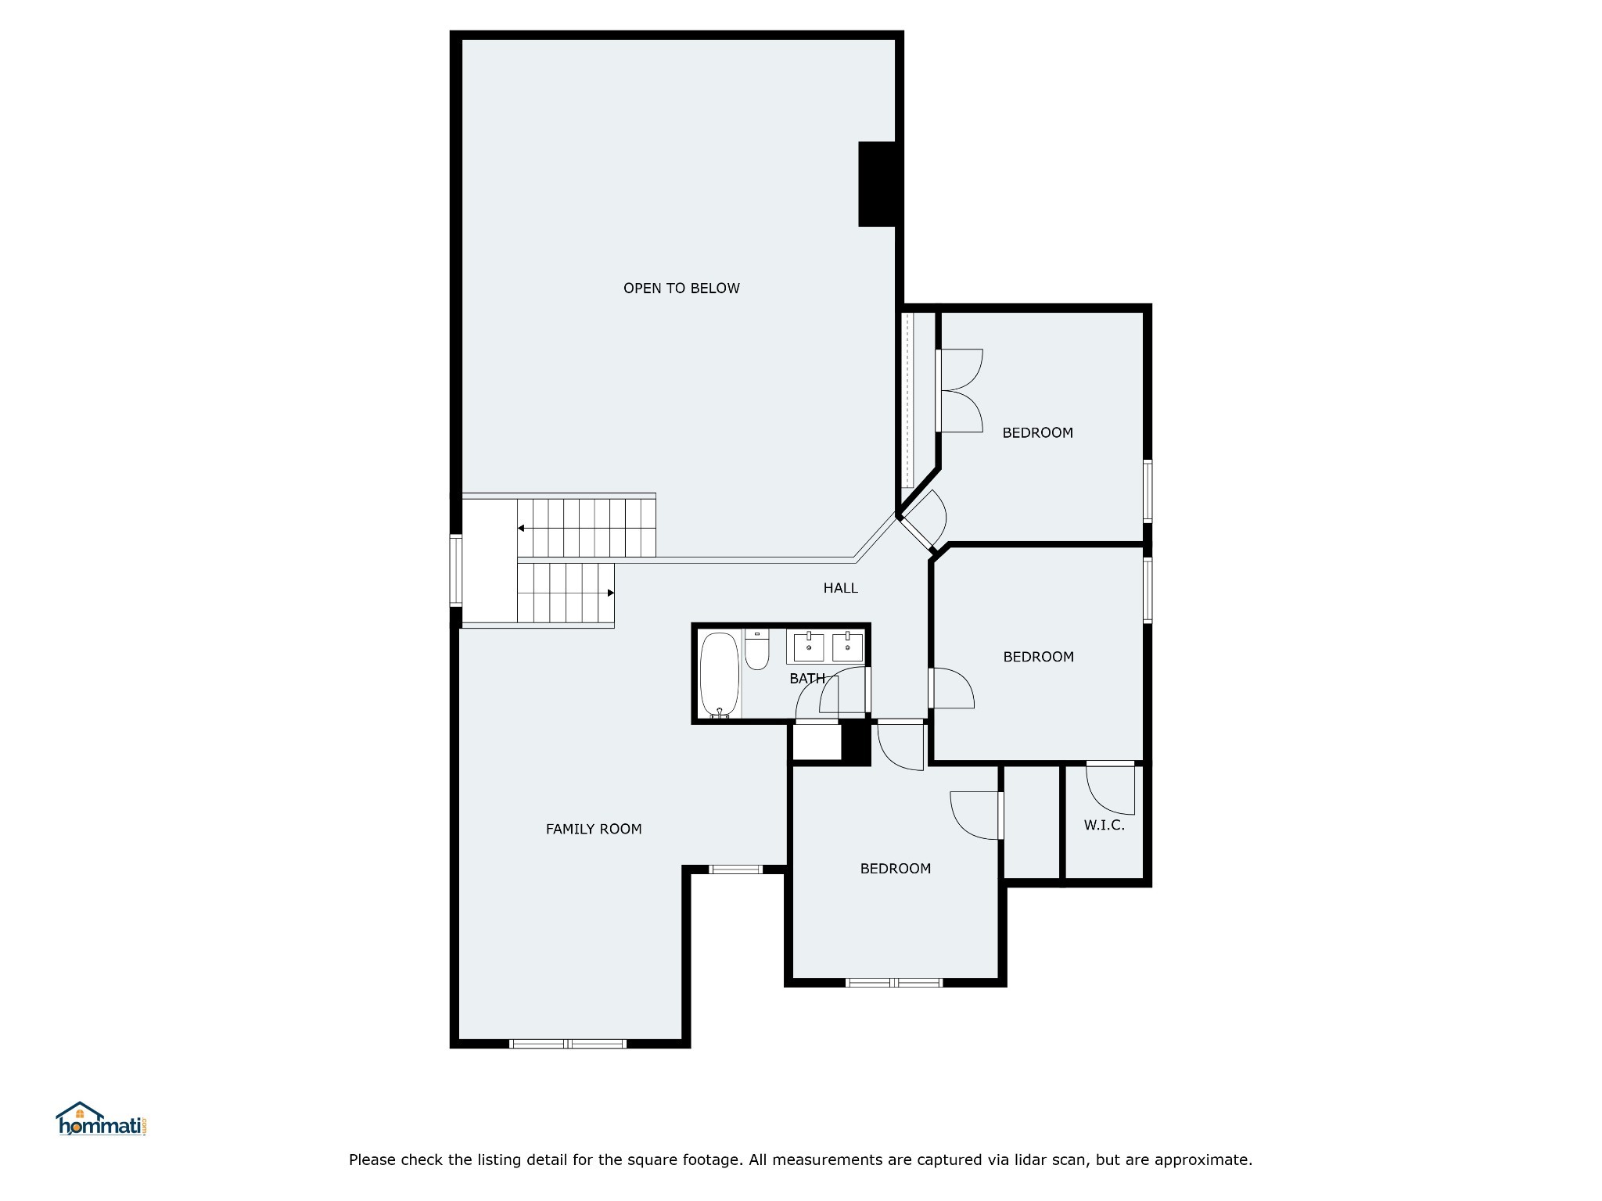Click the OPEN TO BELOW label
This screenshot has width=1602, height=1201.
pyautogui.click(x=681, y=289)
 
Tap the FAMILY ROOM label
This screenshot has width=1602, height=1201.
pyautogui.click(x=594, y=830)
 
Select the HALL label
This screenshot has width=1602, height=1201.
pyautogui.click(x=841, y=588)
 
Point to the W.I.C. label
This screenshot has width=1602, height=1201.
pyautogui.click(x=1105, y=825)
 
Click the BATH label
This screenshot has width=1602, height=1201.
pyautogui.click(x=807, y=679)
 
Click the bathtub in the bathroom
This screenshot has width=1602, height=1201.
pyautogui.click(x=719, y=675)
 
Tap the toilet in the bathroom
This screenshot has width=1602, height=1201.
pyautogui.click(x=757, y=650)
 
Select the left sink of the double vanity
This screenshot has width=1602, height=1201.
pyautogui.click(x=809, y=647)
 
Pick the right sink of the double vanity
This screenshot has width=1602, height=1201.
pyautogui.click(x=848, y=647)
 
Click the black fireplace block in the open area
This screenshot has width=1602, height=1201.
pyautogui.click(x=877, y=185)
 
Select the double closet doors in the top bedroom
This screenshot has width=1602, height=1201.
pyautogui.click(x=959, y=390)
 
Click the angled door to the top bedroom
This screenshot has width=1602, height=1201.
pyautogui.click(x=923, y=521)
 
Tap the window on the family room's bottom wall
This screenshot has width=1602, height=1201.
pyautogui.click(x=568, y=1044)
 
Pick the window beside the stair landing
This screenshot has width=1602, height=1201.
pyautogui.click(x=455, y=570)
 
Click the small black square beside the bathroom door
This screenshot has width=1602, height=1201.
pyautogui.click(x=856, y=744)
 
